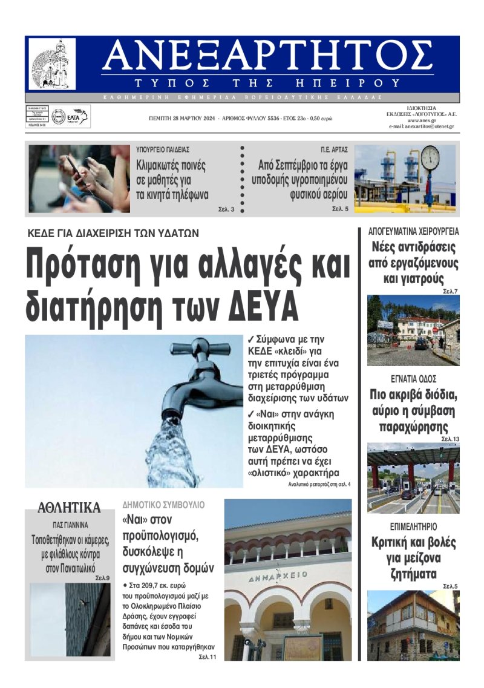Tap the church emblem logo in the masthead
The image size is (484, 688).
click(53, 64)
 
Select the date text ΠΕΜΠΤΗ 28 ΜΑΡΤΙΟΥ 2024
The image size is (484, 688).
click(180, 119)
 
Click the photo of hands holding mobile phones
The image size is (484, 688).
click(79, 179)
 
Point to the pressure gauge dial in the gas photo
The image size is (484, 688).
click(430, 159)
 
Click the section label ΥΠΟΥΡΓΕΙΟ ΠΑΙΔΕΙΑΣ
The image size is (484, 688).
click(163, 149)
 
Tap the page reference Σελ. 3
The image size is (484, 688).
click(227, 209)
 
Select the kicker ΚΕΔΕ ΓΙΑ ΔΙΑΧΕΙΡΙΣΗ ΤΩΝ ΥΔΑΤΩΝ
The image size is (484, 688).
click(113, 232)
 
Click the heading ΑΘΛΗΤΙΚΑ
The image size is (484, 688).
click(69, 507)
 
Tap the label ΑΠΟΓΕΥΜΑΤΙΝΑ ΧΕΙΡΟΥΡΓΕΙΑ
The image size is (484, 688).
click(414, 231)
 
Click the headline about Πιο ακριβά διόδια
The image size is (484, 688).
click(414, 411)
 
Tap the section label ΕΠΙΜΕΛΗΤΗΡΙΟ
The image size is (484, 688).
click(413, 526)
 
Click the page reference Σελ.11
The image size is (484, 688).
click(208, 657)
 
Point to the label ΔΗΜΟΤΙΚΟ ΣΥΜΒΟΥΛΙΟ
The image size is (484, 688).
click(163, 504)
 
